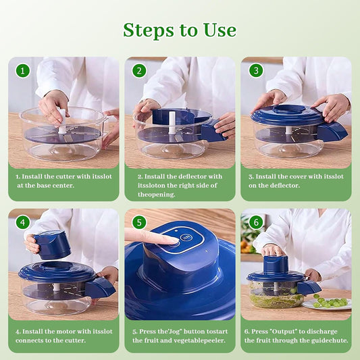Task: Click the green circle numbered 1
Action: [x=23, y=71]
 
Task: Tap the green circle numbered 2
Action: [x=139, y=71]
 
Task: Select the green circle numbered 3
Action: [x=256, y=71]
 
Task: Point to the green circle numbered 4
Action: [x=23, y=222]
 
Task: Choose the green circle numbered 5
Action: [x=139, y=222]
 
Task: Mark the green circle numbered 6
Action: [x=256, y=222]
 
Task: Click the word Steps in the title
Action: [x=149, y=30]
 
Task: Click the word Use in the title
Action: [x=220, y=30]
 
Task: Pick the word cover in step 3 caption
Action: [x=298, y=176]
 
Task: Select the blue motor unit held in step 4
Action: [x=52, y=245]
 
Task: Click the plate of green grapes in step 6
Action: [x=327, y=303]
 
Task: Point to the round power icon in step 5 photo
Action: [x=185, y=237]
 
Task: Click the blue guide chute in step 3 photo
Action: [x=333, y=132]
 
